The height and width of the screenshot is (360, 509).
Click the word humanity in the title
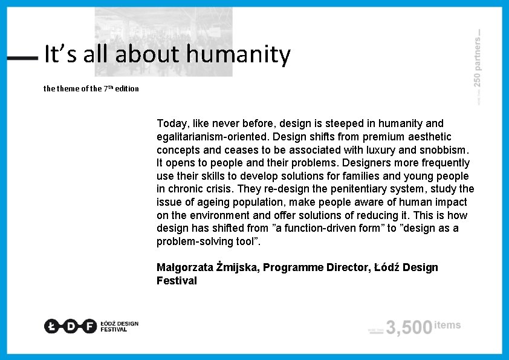(x=239, y=54)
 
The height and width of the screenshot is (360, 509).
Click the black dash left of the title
(x=23, y=58)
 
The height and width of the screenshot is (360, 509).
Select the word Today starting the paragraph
(x=171, y=123)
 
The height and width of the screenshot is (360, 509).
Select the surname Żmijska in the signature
(x=236, y=267)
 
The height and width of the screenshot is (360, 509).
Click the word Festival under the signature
(x=177, y=281)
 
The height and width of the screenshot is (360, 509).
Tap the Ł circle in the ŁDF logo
(x=51, y=326)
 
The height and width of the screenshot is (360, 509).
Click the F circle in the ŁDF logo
(x=89, y=326)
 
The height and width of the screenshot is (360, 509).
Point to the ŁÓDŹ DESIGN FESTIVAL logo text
(x=120, y=326)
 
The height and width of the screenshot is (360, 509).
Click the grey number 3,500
(x=409, y=328)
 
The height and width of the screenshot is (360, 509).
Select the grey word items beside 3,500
(x=447, y=325)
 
